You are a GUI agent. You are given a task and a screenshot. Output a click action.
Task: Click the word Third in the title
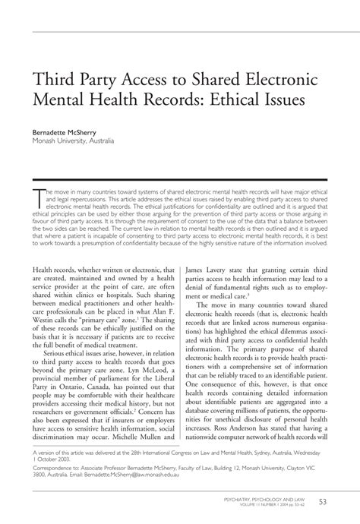pyautogui.click(x=52, y=78)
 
